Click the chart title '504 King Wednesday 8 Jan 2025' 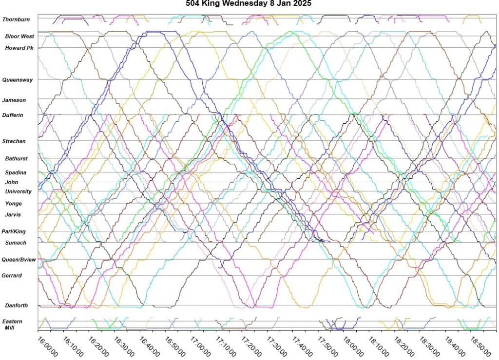pos(249,3)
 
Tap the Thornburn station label pos(16,19)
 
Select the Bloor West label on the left pos(19,37)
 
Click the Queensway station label pos(18,80)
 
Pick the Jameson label pos(14,100)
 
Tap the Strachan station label pos(14,141)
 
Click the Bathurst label pos(17,159)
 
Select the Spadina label pos(16,173)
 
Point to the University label pos(19,192)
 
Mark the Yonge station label pos(14,204)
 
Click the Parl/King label pos(14,232)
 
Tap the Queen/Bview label pos(19,260)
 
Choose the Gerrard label pos(12,276)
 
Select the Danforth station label pos(17,306)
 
